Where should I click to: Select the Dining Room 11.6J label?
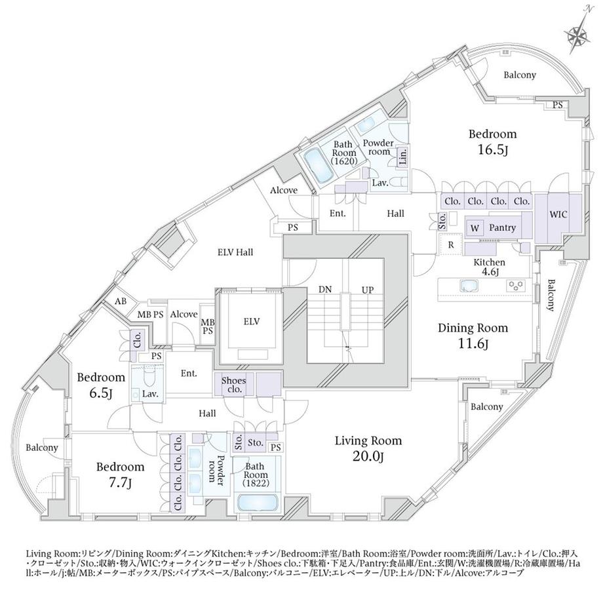[473, 336]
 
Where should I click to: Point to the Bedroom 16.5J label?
[493, 142]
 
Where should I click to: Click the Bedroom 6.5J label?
[101, 385]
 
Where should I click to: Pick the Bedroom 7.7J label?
[120, 475]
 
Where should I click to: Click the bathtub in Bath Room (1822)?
[258, 502]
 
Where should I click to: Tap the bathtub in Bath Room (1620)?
[318, 166]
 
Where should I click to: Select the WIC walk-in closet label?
[558, 214]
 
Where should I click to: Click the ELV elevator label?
[252, 322]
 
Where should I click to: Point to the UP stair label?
[368, 290]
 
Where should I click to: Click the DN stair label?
[325, 289]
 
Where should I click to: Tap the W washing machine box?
[475, 228]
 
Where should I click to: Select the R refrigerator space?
[451, 244]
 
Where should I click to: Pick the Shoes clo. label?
[234, 385]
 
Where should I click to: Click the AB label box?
[121, 301]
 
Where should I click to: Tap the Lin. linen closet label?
[402, 157]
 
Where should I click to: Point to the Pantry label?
[502, 227]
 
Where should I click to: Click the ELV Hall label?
[235, 252]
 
